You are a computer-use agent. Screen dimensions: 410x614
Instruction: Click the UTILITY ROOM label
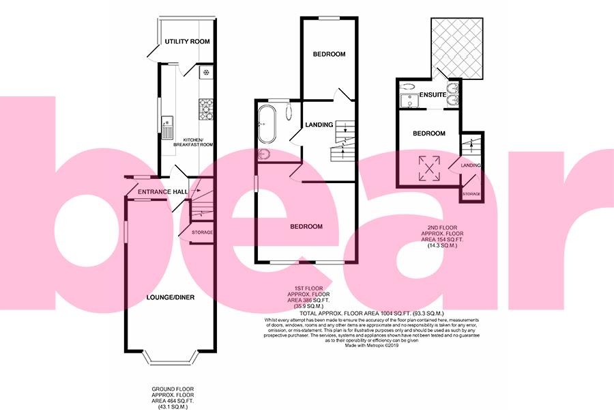[186, 42]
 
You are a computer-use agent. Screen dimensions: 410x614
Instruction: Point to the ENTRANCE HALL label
[162, 192]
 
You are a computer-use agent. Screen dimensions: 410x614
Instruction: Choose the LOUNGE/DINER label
[169, 297]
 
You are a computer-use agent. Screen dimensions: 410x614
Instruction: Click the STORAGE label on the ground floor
[202, 233]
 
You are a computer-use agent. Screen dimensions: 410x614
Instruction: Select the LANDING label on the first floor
[319, 125]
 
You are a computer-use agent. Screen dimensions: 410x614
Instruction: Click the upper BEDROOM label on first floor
[330, 54]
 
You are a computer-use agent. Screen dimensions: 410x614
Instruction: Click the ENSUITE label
[433, 95]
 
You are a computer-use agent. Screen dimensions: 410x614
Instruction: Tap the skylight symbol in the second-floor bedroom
[428, 166]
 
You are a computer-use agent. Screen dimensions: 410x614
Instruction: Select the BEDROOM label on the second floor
[429, 133]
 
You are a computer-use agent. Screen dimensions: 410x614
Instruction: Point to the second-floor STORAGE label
[471, 194]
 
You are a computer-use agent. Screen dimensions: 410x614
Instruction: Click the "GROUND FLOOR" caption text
[173, 389]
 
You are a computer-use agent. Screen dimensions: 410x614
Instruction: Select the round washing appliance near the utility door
[205, 72]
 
